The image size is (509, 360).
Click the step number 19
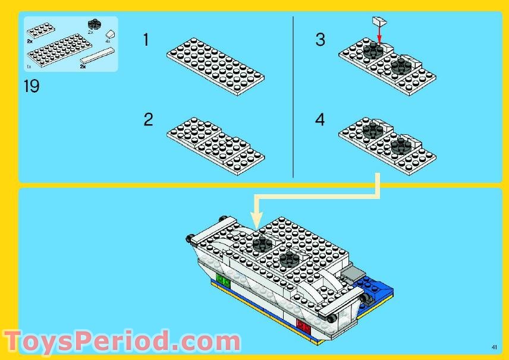[x=31, y=87]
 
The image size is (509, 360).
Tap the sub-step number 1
[x=146, y=40]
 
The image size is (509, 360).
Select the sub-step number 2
[x=148, y=119]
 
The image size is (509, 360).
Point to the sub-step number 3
[x=321, y=40]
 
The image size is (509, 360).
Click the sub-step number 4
[x=321, y=119]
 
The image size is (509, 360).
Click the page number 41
[x=494, y=347]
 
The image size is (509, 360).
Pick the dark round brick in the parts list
[x=93, y=24]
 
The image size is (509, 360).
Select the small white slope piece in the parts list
[x=111, y=35]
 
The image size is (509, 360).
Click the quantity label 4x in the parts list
[x=108, y=42]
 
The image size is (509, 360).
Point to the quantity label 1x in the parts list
[x=29, y=67]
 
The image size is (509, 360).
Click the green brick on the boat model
[x=223, y=278]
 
